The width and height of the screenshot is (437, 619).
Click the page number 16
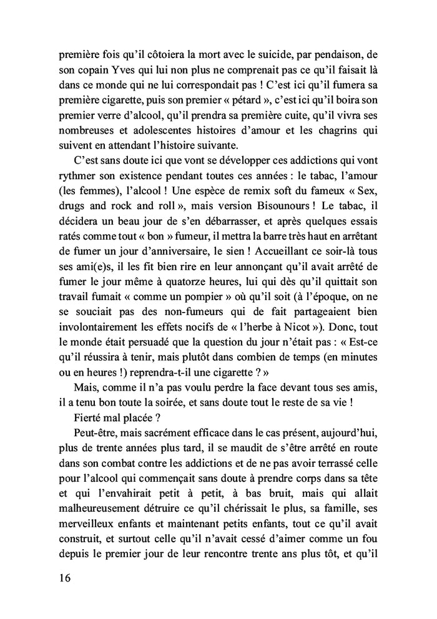(x=61, y=577)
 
